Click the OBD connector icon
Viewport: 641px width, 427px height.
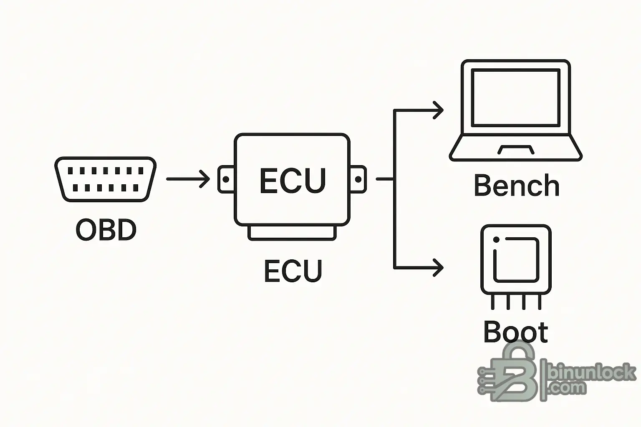[x=105, y=179]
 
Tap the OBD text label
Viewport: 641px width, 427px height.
[x=106, y=230]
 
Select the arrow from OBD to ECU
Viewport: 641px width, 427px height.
[x=188, y=179]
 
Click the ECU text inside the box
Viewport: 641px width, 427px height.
[x=292, y=181]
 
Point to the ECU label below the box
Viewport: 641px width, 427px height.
[x=293, y=271]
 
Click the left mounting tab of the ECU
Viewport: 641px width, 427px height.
[x=226, y=179]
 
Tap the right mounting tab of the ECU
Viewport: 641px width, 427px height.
[x=358, y=179]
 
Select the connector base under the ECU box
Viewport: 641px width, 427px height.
[x=292, y=233]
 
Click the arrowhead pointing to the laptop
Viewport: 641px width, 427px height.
[x=438, y=111]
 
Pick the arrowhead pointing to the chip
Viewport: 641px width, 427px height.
[x=438, y=268]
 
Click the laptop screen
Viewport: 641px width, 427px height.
[x=515, y=98]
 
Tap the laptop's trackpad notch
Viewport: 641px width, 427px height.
[x=516, y=149]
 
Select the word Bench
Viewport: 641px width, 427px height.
[x=516, y=186]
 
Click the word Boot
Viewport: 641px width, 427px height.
[x=515, y=332]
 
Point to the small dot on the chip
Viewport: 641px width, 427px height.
[x=496, y=240]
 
